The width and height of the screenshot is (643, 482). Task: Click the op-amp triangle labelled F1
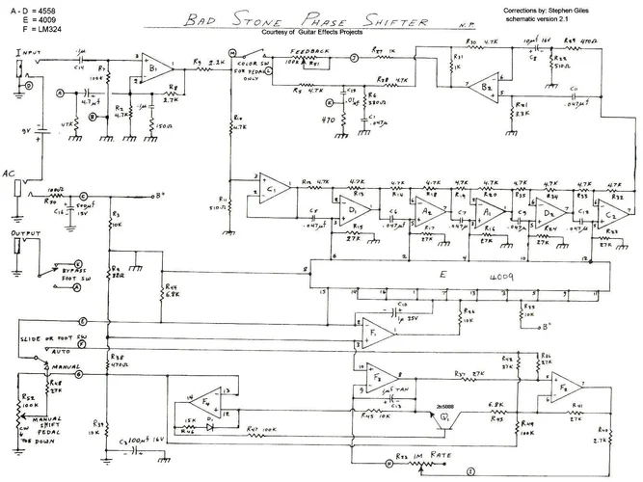[377, 333]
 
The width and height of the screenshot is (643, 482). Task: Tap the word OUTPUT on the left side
[25, 233]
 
